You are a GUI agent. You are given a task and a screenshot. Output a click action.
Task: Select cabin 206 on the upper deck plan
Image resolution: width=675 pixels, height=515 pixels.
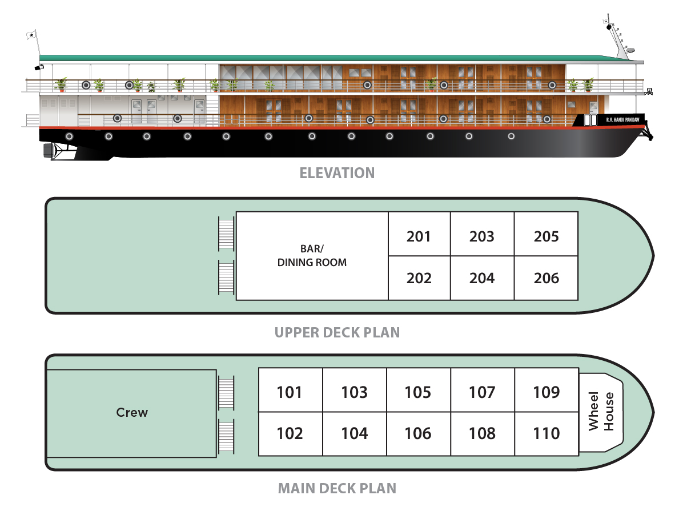tap(546, 279)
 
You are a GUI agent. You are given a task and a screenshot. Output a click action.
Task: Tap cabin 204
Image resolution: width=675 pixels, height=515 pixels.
tap(482, 279)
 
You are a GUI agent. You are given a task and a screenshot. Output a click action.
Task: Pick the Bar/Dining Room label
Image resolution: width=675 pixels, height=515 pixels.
tap(312, 256)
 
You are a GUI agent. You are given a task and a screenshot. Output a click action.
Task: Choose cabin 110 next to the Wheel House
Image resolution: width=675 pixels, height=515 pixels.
tap(547, 434)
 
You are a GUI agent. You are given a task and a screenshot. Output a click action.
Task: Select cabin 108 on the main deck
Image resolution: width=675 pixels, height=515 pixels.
tap(483, 434)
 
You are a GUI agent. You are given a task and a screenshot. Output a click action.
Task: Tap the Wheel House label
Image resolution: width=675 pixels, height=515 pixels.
tap(601, 411)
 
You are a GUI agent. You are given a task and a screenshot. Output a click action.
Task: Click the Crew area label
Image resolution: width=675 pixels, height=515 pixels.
tap(132, 412)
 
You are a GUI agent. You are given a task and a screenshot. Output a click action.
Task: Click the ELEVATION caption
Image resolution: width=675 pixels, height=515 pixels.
tap(337, 173)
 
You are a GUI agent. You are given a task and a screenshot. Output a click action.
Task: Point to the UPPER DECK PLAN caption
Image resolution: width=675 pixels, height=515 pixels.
tap(337, 332)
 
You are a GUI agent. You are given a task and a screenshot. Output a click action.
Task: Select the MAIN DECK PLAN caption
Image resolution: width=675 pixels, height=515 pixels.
tap(337, 488)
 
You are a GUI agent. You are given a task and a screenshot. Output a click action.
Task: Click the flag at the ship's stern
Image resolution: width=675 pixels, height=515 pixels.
tap(31, 35)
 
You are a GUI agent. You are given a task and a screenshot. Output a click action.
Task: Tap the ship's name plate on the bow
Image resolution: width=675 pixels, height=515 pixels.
tap(622, 119)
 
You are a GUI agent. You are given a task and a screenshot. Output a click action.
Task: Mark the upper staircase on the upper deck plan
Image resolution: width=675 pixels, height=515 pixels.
tap(226, 234)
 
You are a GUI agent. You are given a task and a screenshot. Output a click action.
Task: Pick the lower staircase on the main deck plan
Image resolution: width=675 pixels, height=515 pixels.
tap(226, 436)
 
